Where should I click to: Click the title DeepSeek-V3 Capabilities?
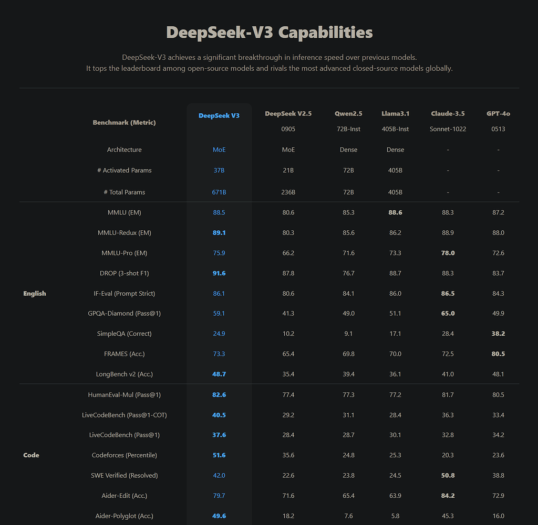click(x=269, y=33)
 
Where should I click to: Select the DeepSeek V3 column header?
click(x=219, y=115)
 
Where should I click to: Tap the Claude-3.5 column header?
click(x=448, y=113)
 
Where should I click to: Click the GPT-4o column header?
click(x=498, y=113)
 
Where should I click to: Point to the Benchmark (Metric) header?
click(x=124, y=123)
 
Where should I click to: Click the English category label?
click(x=35, y=294)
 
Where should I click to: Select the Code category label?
click(x=32, y=455)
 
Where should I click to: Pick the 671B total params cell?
click(x=219, y=192)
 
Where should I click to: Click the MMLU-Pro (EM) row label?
click(x=124, y=253)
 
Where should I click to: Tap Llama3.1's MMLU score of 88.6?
click(x=395, y=212)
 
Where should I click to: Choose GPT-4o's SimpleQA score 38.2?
click(x=498, y=334)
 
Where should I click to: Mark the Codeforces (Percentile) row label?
click(x=124, y=455)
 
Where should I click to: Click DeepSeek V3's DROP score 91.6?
click(x=219, y=273)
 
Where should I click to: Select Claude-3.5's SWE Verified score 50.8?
click(x=448, y=475)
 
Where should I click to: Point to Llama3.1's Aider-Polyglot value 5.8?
click(x=395, y=516)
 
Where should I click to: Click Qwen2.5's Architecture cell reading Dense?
click(x=348, y=150)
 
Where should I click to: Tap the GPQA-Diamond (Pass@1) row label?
click(x=124, y=314)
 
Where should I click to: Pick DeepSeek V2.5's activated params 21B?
click(x=288, y=170)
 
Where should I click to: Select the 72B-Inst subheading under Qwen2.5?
click(x=348, y=129)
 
